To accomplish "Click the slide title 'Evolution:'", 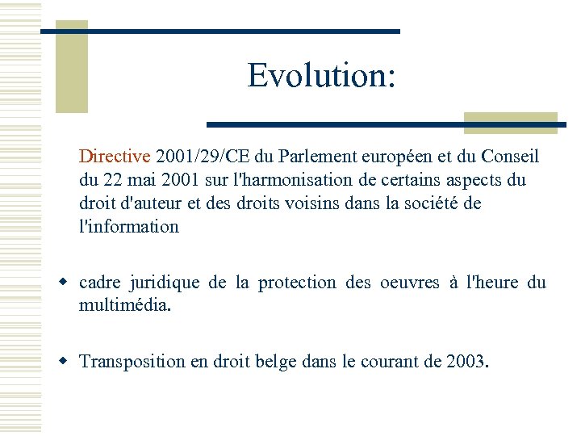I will tap(321, 76).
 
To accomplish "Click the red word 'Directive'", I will tap(115, 156).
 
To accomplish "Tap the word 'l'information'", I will tap(129, 226).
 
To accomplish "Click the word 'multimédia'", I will tap(123, 305).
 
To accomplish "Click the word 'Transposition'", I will tap(132, 361).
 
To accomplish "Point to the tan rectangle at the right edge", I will tap(511, 122).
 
